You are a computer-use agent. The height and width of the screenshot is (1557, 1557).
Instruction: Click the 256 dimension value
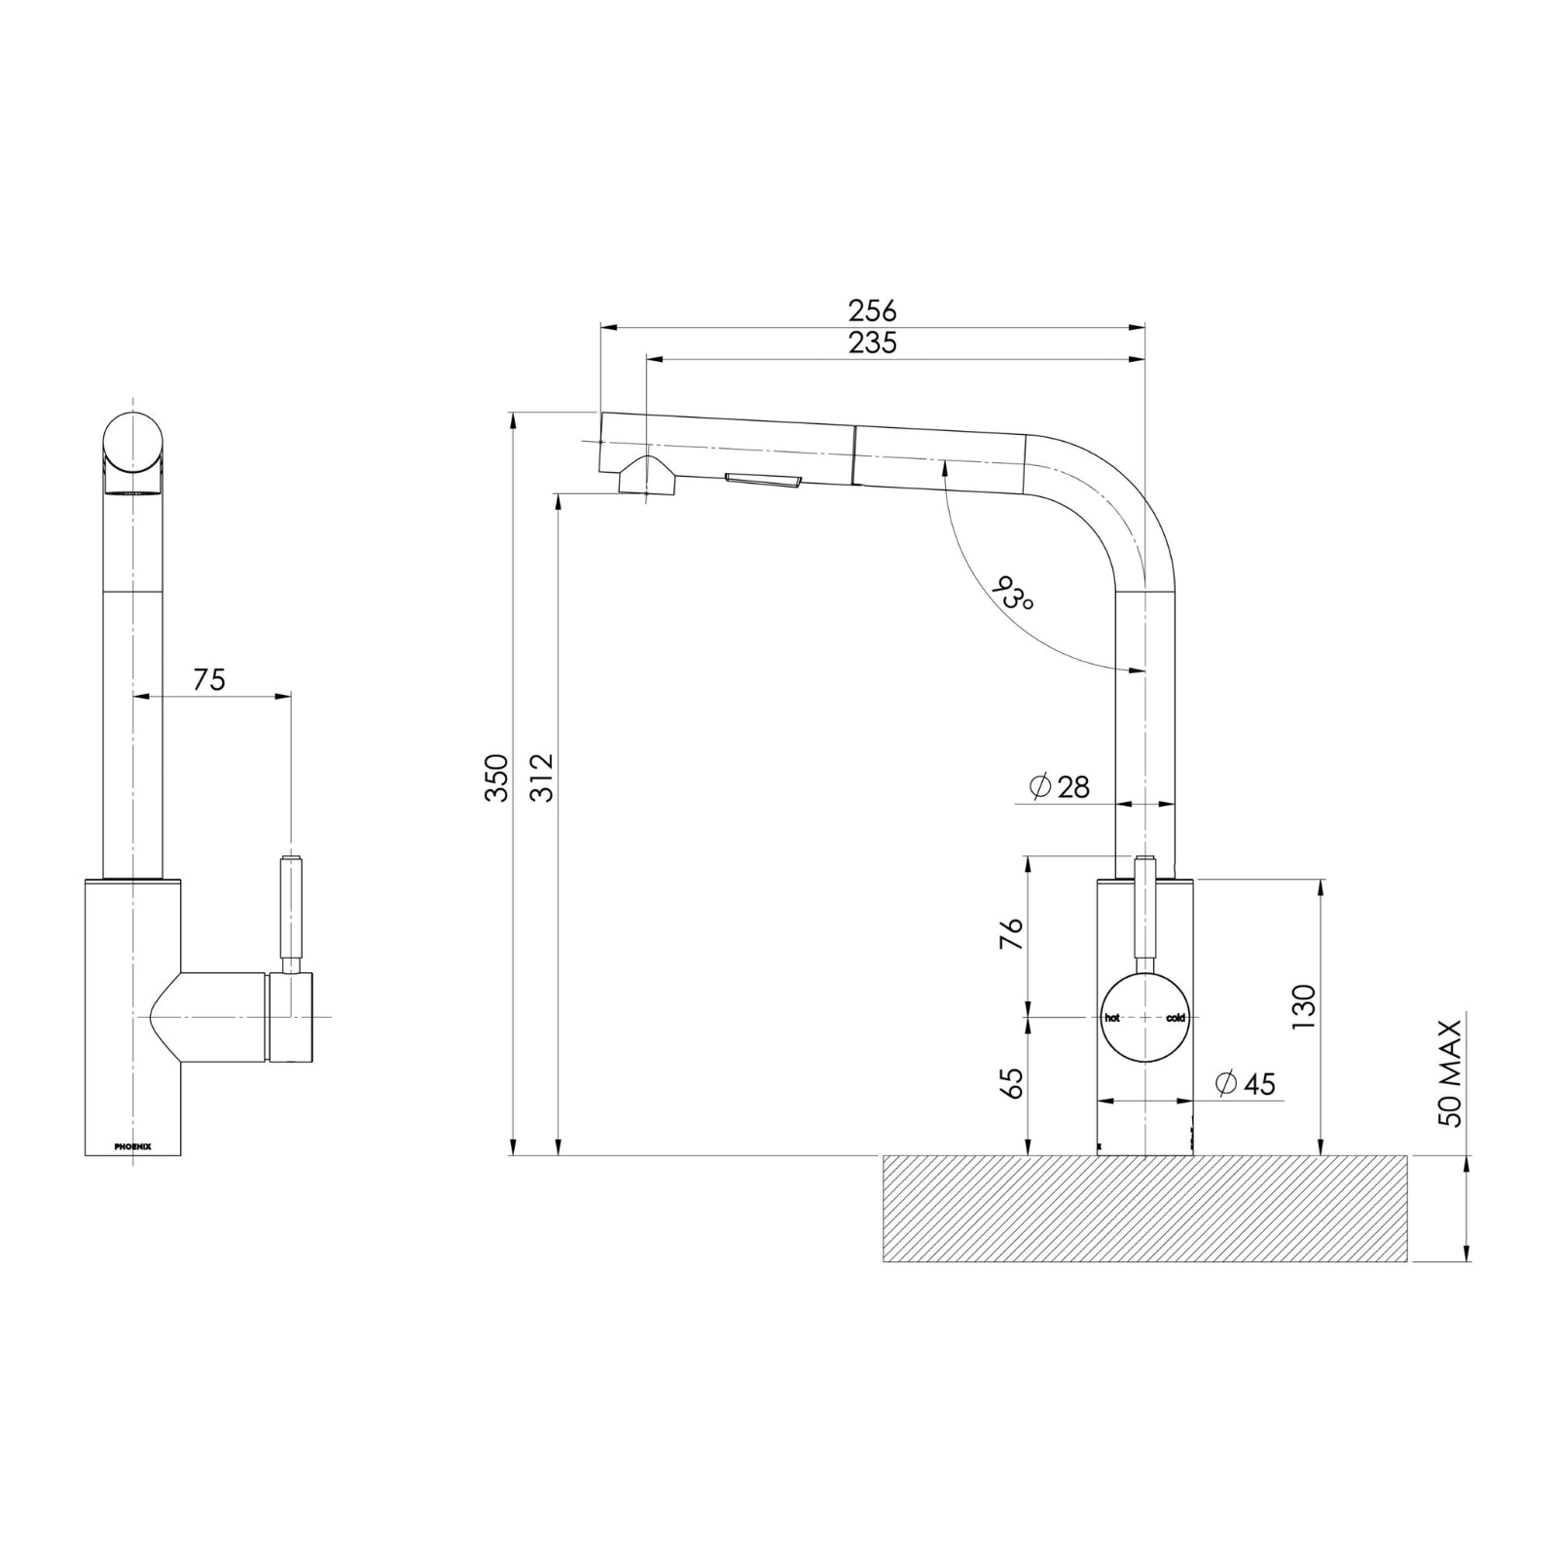click(x=872, y=311)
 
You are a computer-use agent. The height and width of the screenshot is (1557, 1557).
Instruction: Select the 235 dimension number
click(x=872, y=344)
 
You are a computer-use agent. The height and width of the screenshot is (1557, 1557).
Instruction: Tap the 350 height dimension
click(x=497, y=777)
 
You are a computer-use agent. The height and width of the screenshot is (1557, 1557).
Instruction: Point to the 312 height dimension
click(x=542, y=777)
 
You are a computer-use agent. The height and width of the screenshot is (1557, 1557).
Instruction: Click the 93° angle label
click(x=1012, y=595)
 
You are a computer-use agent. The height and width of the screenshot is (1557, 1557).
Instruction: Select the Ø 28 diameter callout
click(x=1059, y=786)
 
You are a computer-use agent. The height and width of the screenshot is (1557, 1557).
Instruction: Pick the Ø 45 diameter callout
click(x=1246, y=1083)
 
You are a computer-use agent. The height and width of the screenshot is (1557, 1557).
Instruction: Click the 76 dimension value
click(x=1012, y=934)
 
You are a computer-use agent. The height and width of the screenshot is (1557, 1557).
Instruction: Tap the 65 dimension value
click(x=1012, y=1083)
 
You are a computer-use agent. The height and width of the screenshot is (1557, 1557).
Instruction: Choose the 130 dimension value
click(x=1304, y=1007)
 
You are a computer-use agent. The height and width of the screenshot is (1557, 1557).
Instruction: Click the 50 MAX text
click(x=1451, y=1072)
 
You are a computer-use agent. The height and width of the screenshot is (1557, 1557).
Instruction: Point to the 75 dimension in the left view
click(x=208, y=679)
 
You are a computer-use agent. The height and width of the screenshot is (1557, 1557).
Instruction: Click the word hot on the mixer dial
click(x=1112, y=1018)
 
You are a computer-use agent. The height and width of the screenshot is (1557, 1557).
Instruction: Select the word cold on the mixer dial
click(x=1176, y=1018)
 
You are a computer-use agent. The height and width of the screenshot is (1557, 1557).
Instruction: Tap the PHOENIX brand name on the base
click(x=132, y=1146)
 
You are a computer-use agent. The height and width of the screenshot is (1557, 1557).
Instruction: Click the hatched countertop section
click(x=1144, y=1209)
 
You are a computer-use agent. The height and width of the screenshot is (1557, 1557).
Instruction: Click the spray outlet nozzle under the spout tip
click(x=642, y=477)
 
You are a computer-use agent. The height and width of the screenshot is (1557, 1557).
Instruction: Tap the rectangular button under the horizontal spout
click(x=763, y=479)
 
